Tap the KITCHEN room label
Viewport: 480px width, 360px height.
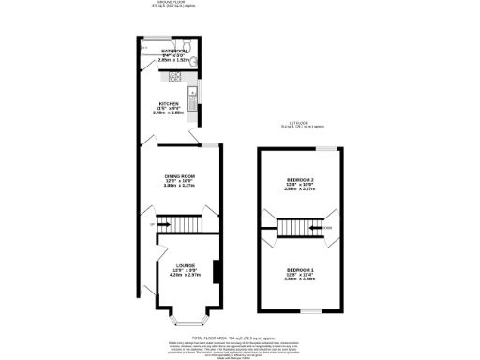point(169,104)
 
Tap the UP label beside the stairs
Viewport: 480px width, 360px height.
point(152,223)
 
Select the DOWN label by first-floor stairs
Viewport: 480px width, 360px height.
point(326,227)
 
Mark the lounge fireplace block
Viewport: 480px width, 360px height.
point(217,272)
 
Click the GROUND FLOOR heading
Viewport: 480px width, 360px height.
point(170,3)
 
